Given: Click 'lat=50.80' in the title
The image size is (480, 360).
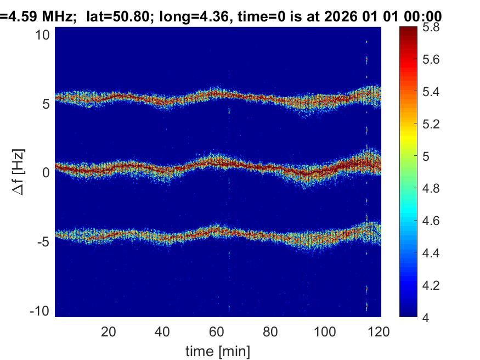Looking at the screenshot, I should (x=113, y=17).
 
